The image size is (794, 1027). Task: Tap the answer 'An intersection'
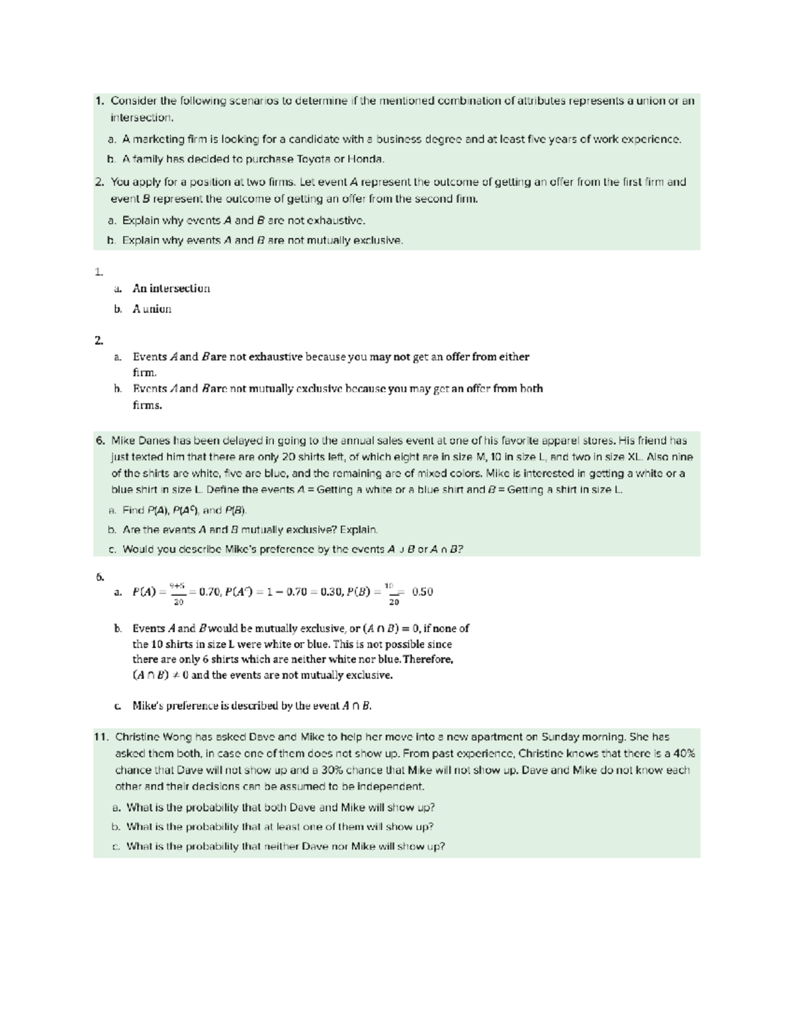tap(171, 288)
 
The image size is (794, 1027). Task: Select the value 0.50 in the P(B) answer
tap(422, 592)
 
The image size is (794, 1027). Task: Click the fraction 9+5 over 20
tap(178, 593)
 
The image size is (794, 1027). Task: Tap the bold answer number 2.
tap(99, 341)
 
